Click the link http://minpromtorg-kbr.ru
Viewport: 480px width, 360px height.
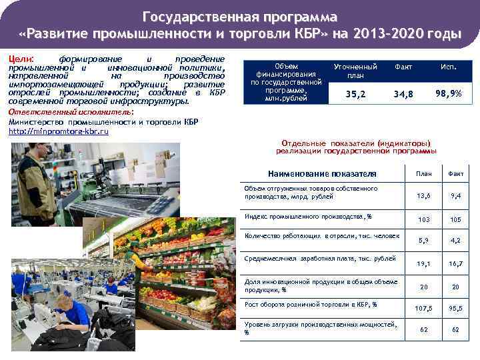(59, 132)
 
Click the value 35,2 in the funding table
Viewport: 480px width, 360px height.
(355, 94)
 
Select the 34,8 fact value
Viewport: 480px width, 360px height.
(403, 94)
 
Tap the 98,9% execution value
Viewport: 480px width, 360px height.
(448, 93)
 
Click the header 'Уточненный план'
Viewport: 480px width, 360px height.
(355, 71)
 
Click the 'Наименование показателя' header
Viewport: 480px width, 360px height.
(322, 174)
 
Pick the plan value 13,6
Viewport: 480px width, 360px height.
(423, 195)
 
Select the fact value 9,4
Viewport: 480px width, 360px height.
(456, 195)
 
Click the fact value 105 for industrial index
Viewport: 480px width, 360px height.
(456, 219)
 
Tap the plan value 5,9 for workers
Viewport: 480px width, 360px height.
(423, 240)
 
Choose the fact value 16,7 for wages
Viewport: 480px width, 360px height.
(456, 264)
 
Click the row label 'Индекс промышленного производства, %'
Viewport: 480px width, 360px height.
(309, 217)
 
